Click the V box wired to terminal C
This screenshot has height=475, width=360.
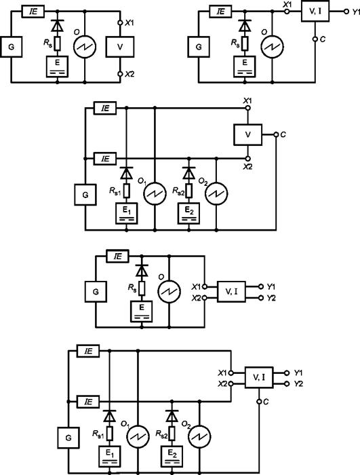[x=247, y=134]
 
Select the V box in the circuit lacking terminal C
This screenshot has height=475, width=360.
[x=120, y=47]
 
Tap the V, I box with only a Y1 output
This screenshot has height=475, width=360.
[x=315, y=12]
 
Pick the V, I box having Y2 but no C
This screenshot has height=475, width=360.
[x=231, y=292]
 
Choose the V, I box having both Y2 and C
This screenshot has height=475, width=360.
[x=259, y=377]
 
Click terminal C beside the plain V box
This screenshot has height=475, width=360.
[x=276, y=134]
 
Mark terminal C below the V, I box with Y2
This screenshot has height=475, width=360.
[x=259, y=402]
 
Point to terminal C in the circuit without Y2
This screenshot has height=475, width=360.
[x=315, y=39]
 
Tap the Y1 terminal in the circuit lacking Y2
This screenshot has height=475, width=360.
[x=346, y=12]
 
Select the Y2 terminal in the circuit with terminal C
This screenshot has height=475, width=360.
[x=287, y=384]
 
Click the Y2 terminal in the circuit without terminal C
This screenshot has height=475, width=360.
[x=261, y=298]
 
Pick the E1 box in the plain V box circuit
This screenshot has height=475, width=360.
[x=127, y=214]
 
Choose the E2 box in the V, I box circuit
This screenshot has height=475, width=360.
[x=172, y=457]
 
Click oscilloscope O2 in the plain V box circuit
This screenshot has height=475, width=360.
[x=216, y=194]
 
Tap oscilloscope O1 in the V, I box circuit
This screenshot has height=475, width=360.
[x=138, y=437]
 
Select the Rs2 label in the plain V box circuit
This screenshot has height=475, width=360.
[x=178, y=191]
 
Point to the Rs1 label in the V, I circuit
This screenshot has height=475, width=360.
[x=98, y=434]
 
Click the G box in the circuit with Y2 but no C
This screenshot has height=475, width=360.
[x=96, y=292]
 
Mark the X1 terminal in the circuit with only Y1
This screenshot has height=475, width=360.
[x=287, y=12]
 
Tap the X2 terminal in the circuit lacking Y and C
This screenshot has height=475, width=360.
[x=120, y=74]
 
